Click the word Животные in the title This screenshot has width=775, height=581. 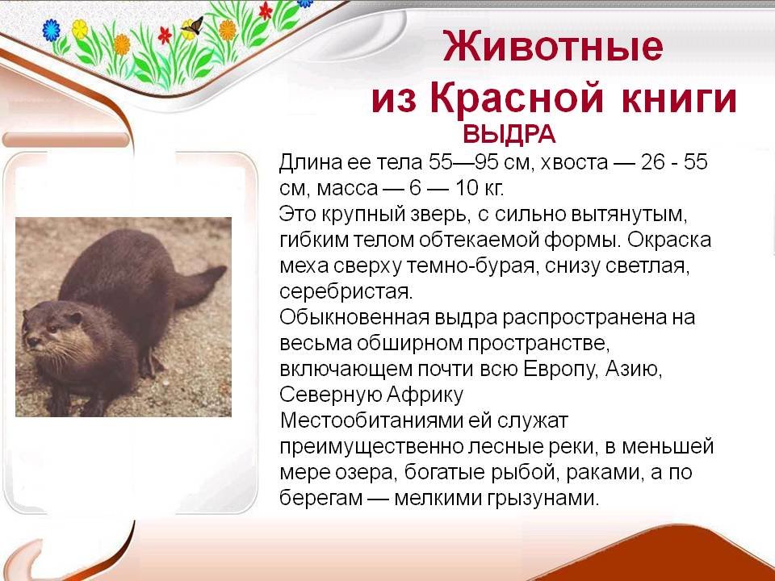552,46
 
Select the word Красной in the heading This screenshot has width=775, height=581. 517,98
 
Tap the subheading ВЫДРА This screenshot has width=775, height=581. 509,134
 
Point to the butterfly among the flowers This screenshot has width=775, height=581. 192,27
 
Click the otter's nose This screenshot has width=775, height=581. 32,341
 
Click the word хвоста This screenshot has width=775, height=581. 574,163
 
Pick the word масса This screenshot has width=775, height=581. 347,188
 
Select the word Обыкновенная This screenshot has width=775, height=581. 354,317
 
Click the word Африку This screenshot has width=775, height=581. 425,395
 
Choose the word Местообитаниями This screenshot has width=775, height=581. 371,420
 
